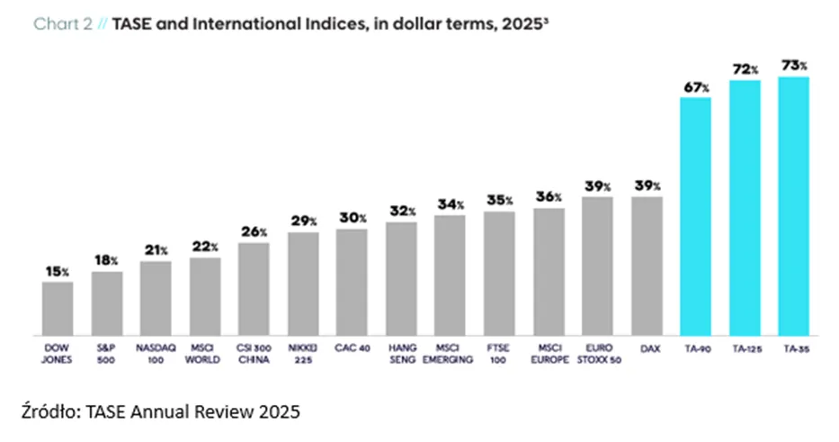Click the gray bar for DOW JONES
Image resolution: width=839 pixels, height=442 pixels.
click(58, 309)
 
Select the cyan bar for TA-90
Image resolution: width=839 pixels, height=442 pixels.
click(696, 216)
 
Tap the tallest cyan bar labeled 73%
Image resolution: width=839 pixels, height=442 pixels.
click(793, 206)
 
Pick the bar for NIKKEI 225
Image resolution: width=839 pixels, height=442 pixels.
click(303, 284)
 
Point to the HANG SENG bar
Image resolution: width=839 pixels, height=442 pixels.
click(401, 278)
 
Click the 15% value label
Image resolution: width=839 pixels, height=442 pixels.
click(58, 272)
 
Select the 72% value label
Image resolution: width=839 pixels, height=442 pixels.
click(745, 69)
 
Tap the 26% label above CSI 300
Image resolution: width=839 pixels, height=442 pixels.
click(254, 231)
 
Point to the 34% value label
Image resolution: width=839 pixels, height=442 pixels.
click(451, 204)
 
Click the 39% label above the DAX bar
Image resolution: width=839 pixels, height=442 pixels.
click(647, 185)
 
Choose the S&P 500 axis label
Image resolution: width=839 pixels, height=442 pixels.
click(106, 354)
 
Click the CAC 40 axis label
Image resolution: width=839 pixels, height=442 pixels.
click(353, 348)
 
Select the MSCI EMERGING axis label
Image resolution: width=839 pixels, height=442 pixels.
click(448, 354)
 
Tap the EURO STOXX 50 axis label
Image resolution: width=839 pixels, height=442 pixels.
click(599, 354)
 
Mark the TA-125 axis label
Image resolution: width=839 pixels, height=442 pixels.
click(747, 348)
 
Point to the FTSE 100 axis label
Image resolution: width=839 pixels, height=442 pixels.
click(498, 354)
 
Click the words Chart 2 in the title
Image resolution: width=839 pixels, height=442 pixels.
click(63, 23)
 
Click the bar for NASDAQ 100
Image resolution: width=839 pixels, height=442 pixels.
click(156, 298)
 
